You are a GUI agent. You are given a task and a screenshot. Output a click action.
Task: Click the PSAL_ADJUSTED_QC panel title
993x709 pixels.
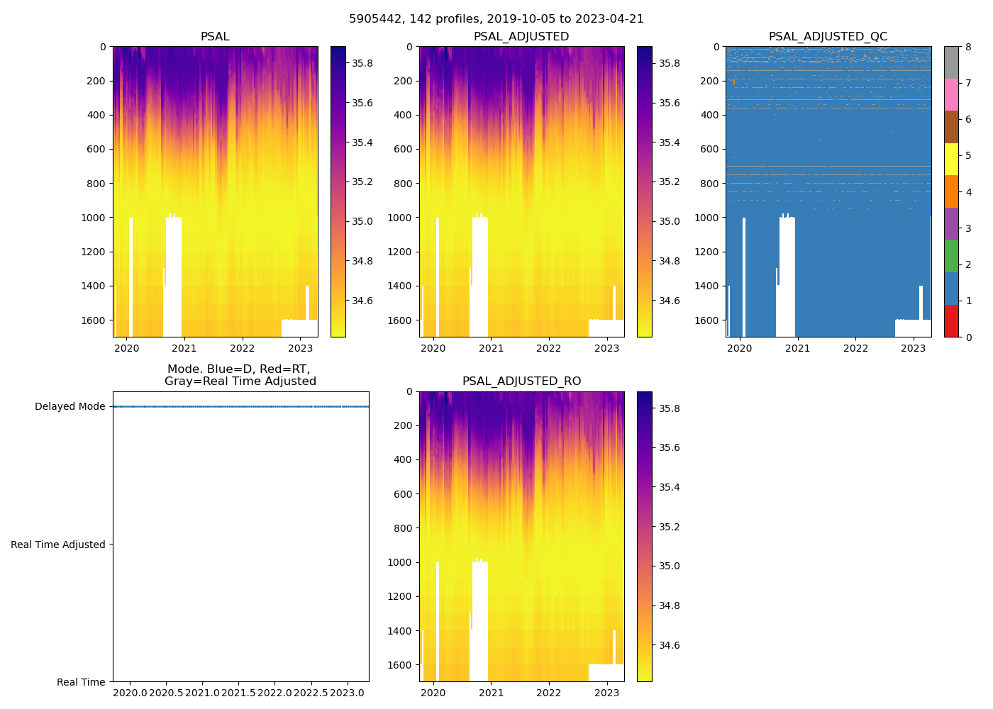(828, 37)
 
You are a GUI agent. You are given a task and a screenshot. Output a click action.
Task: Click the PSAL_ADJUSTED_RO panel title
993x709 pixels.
(521, 381)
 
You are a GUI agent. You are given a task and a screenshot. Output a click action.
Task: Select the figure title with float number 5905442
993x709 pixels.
(496, 19)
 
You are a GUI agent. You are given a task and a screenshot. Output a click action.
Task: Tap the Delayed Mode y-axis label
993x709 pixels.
(70, 407)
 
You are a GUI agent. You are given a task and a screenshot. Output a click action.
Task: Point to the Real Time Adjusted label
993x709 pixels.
(58, 545)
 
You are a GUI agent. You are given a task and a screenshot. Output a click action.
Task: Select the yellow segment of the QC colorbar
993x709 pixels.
(951, 160)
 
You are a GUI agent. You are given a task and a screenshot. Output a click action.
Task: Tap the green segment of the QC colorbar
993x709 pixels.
(951, 256)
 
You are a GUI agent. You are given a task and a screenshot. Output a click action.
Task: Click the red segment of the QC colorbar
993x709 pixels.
(951, 320)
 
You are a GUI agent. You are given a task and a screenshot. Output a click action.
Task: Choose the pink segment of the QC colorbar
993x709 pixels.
(951, 95)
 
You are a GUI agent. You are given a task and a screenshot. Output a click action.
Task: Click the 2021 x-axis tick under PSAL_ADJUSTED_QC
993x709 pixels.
(798, 348)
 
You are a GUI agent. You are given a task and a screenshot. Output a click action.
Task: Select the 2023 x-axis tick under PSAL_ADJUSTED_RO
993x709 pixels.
(607, 693)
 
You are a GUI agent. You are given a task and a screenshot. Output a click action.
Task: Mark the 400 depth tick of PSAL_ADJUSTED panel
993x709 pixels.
(401, 115)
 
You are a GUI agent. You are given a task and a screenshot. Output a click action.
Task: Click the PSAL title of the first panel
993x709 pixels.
(215, 37)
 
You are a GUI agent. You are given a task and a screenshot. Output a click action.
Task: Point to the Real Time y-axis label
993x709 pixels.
(81, 682)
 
